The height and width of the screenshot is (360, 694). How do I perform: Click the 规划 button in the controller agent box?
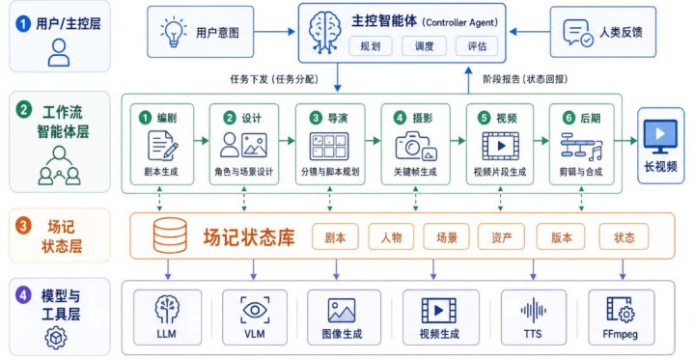pyautogui.click(x=371, y=46)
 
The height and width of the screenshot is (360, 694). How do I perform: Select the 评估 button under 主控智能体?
pyautogui.click(x=477, y=46)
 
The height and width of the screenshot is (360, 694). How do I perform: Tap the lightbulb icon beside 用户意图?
pyautogui.click(x=174, y=32)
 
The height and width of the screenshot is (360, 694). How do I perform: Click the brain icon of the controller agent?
pyautogui.click(x=325, y=32)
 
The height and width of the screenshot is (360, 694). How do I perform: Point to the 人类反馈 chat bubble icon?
pyautogui.click(x=577, y=32)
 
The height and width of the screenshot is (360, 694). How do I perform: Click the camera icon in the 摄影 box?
pyautogui.click(x=416, y=146)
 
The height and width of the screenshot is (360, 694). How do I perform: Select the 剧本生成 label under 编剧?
pyautogui.click(x=161, y=172)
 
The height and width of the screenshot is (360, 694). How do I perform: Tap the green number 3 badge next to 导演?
pyautogui.click(x=316, y=118)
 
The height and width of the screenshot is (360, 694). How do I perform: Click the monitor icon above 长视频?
pyautogui.click(x=660, y=136)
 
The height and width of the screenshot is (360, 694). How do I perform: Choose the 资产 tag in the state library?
pyautogui.click(x=501, y=237)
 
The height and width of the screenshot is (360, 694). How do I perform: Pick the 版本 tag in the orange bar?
pyautogui.click(x=561, y=237)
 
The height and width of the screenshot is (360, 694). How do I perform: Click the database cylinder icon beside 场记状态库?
pyautogui.click(x=170, y=235)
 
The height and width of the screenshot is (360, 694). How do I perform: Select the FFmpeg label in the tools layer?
pyautogui.click(x=620, y=334)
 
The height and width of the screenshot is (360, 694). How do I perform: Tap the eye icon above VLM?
pyautogui.click(x=255, y=310)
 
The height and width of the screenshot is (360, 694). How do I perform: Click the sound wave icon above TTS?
pyautogui.click(x=534, y=311)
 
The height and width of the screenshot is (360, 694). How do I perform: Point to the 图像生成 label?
pyautogui.click(x=342, y=334)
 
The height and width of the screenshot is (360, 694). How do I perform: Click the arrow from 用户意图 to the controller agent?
pyautogui.click(x=274, y=32)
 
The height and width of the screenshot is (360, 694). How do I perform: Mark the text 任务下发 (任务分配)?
pyautogui.click(x=274, y=79)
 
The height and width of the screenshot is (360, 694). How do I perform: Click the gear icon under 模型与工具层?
pyautogui.click(x=56, y=338)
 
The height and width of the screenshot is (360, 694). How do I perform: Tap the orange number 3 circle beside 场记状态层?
pyautogui.click(x=23, y=226)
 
